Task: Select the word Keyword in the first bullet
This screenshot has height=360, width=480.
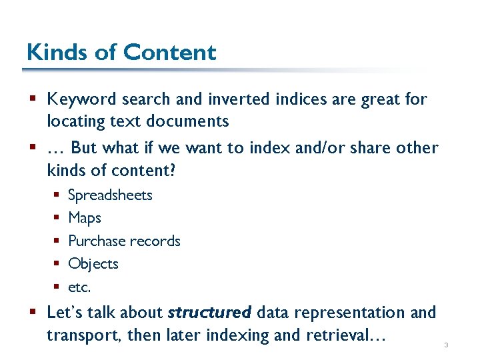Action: pyautogui.click(x=81, y=99)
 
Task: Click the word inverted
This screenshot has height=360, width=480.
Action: pyautogui.click(x=235, y=99)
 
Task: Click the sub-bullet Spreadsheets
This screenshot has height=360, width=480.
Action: pyautogui.click(x=110, y=195)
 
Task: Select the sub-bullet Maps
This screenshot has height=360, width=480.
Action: pyautogui.click(x=85, y=218)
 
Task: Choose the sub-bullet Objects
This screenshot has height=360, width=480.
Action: pyautogui.click(x=93, y=264)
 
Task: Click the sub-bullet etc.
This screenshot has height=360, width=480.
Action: pyautogui.click(x=79, y=287)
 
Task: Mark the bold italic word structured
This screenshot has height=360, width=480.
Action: pyautogui.click(x=209, y=312)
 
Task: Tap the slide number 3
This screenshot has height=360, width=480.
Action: pyautogui.click(x=445, y=345)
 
